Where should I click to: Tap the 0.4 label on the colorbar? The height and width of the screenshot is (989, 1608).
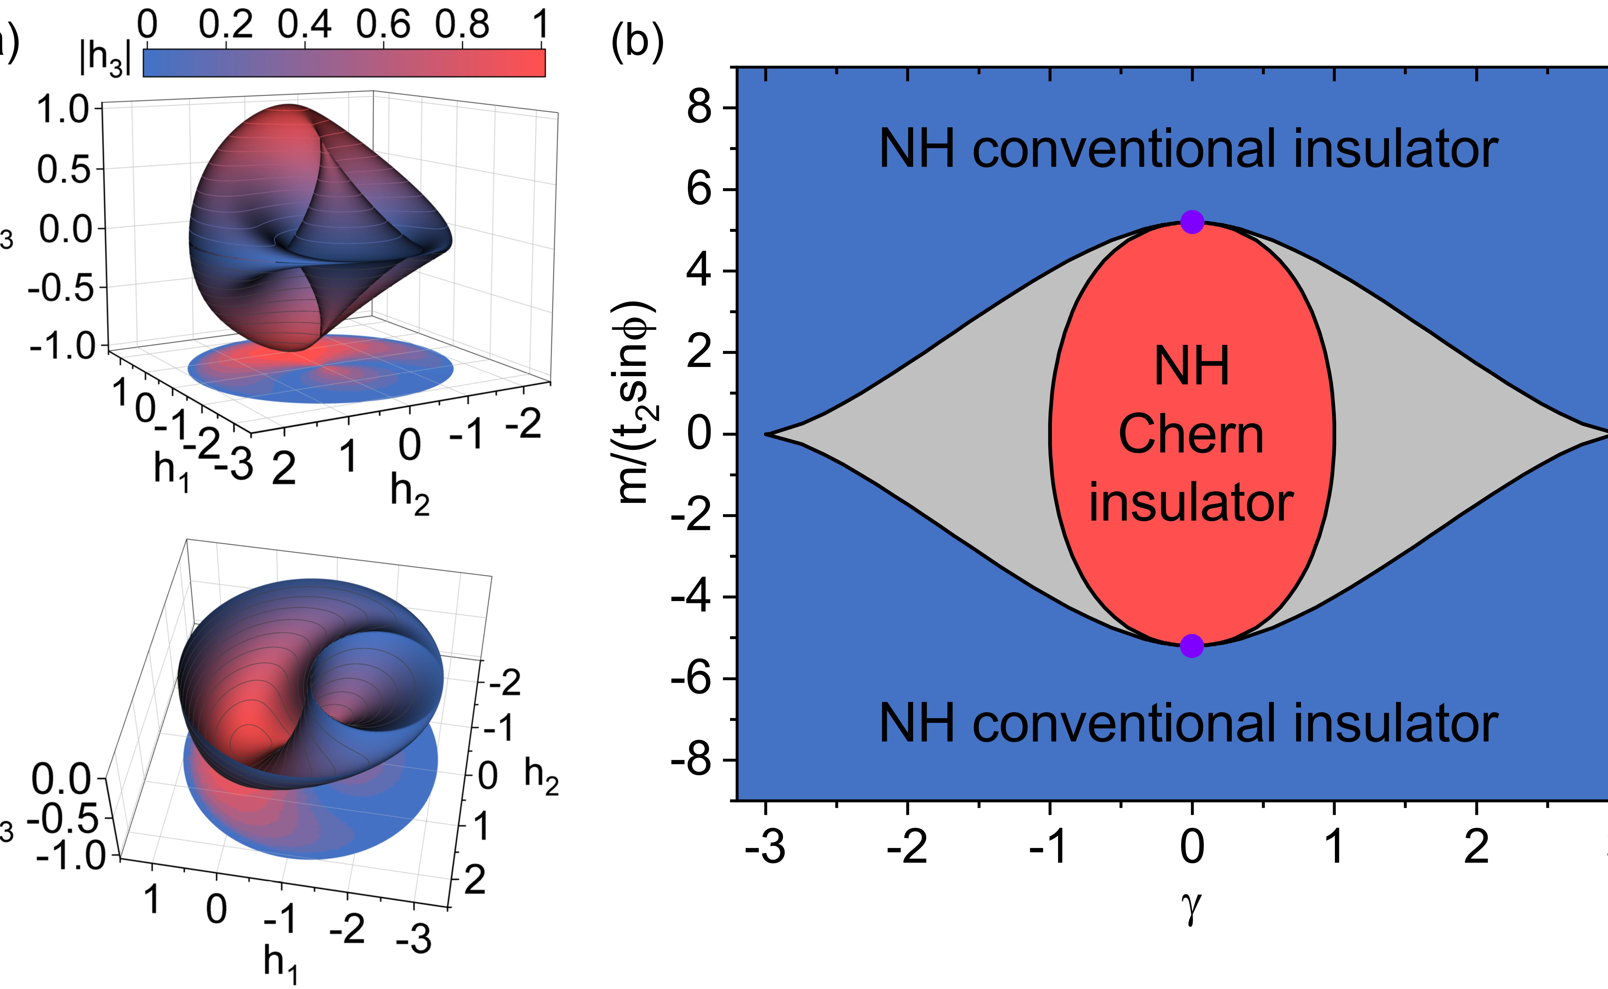tap(304, 25)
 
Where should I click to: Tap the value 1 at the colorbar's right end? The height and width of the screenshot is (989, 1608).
tap(540, 25)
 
